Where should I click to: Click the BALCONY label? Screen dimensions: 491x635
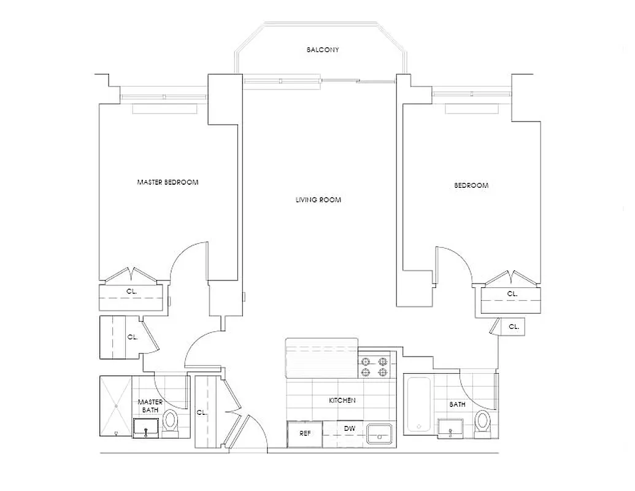click(323, 50)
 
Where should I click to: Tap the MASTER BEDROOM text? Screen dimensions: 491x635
click(167, 182)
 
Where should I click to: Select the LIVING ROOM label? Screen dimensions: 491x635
click(318, 200)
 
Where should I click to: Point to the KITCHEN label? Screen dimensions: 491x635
click(342, 401)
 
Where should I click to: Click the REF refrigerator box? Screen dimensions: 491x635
click(305, 433)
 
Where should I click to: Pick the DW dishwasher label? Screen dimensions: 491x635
click(349, 429)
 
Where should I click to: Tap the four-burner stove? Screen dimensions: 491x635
click(375, 367)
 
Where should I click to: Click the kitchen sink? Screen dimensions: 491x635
click(381, 434)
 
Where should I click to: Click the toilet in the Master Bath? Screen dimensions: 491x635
click(170, 422)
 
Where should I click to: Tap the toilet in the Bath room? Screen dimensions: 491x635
click(483, 422)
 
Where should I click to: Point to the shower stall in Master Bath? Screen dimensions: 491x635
click(116, 406)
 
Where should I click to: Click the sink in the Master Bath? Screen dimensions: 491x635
click(146, 428)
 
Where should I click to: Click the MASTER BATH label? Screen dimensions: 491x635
click(150, 406)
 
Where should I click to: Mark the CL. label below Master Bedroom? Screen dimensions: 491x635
click(132, 292)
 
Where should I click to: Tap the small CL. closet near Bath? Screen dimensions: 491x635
click(514, 327)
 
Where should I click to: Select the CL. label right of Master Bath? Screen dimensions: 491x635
click(201, 412)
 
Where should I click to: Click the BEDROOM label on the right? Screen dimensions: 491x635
click(471, 185)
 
